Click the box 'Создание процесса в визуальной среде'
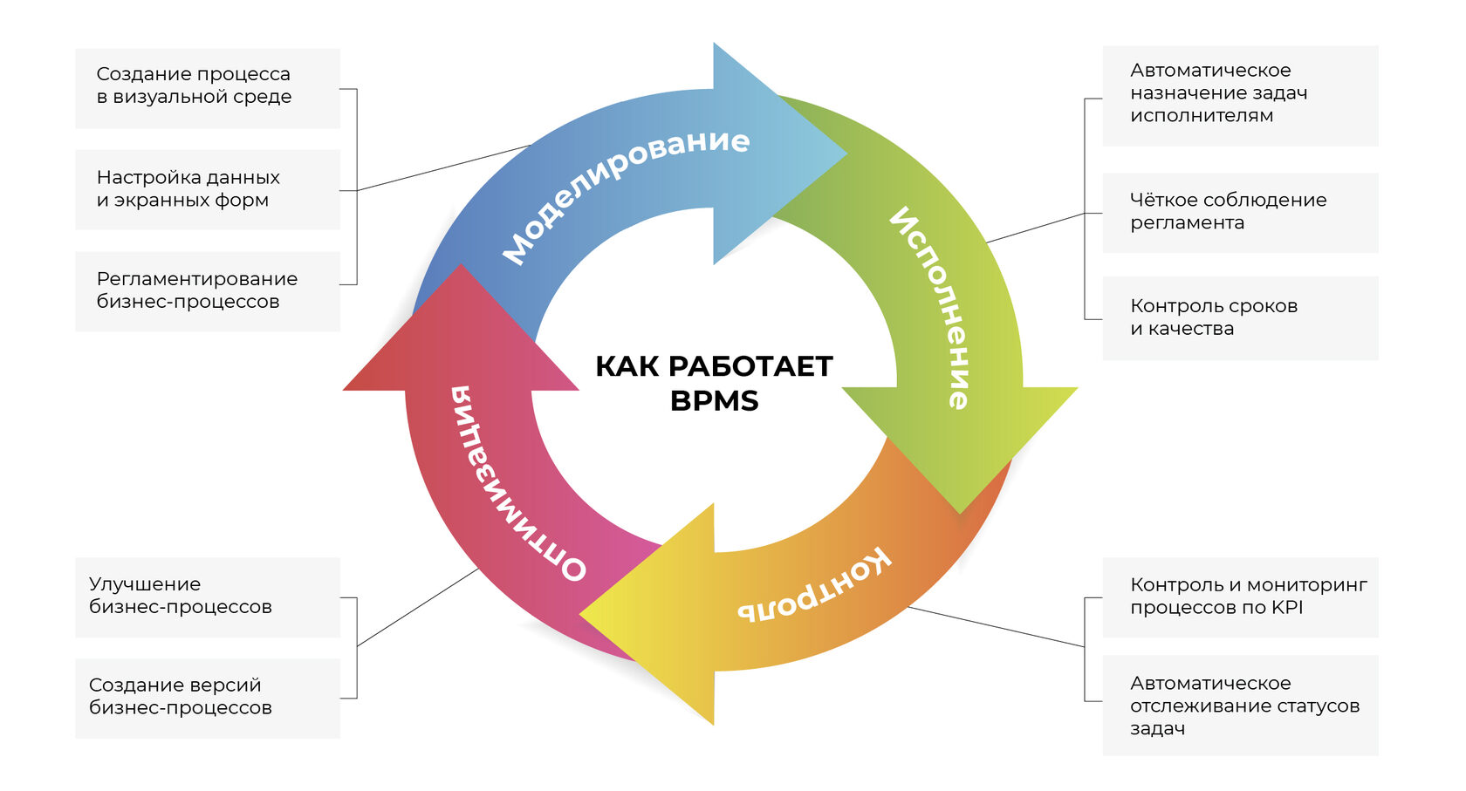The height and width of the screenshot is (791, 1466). [208, 88]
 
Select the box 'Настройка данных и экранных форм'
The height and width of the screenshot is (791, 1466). [208, 190]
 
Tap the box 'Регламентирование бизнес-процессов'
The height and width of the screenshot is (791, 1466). [208, 291]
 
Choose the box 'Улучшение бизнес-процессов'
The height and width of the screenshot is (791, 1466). [208, 597]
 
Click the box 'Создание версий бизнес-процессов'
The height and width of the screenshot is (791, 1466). [208, 698]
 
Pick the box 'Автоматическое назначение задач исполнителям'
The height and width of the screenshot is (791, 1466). [1240, 96]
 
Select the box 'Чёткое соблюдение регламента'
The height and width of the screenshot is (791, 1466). [1240, 213]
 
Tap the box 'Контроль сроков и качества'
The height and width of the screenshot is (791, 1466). [1240, 318]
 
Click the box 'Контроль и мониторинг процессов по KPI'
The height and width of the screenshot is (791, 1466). [1240, 597]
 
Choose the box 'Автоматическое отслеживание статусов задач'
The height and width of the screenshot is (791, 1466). [1240, 706]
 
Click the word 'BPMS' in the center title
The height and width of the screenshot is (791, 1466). [714, 400]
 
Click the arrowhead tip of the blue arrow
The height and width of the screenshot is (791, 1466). [847, 153]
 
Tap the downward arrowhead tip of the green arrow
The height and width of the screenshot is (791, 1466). [960, 514]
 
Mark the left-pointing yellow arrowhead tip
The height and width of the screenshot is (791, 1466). [579, 614]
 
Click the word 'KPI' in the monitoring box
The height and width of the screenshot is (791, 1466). [1286, 607]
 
